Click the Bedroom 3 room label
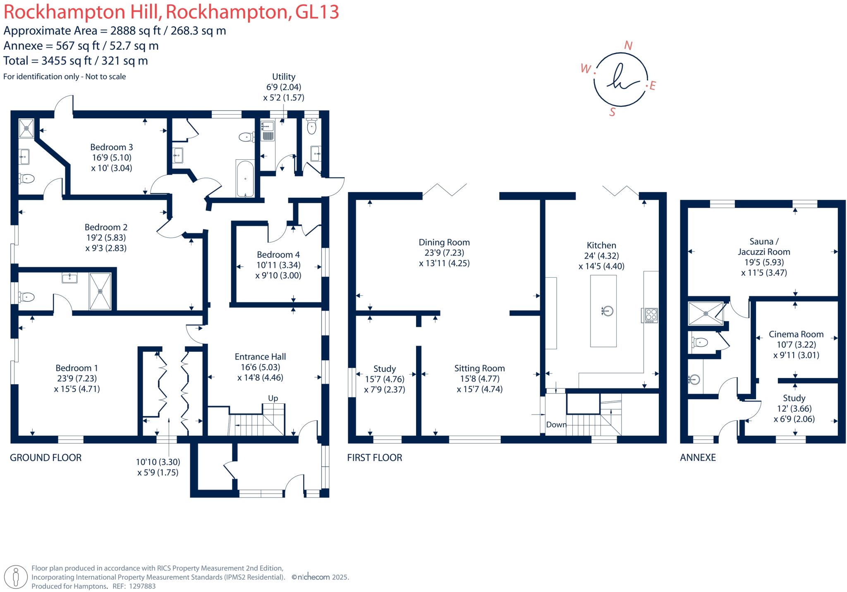coord(111,147)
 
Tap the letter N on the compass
coord(628,46)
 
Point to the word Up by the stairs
coord(273,398)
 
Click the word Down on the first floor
coord(556,425)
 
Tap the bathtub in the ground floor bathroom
coord(245,179)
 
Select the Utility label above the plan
coord(284,77)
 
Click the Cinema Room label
coord(796,334)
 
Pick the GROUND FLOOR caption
coord(45,458)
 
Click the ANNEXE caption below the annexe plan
coord(698,458)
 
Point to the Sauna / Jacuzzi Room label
coord(763,247)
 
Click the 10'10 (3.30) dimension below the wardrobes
coord(158,462)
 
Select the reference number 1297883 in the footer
coord(142,586)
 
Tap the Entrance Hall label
coord(260,357)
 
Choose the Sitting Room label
coord(479,368)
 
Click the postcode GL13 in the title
coord(317,12)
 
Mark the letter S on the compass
coord(613,112)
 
